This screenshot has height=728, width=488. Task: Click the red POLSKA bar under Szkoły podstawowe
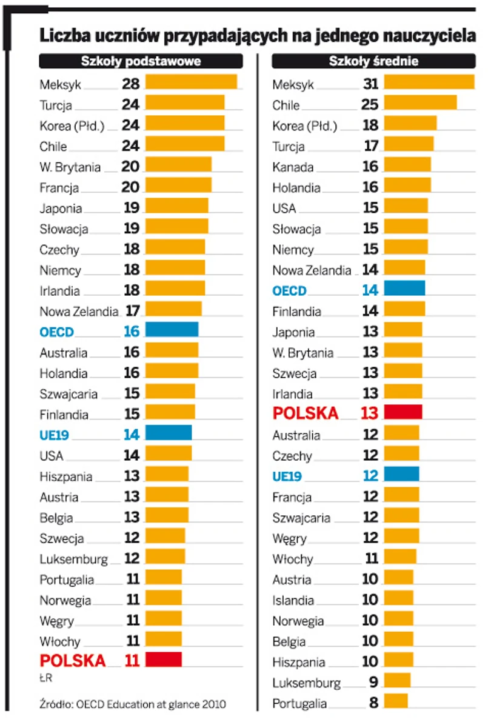click(163, 660)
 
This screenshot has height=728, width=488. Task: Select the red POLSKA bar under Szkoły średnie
click(403, 412)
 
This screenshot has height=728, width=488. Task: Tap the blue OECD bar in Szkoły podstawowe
click(172, 330)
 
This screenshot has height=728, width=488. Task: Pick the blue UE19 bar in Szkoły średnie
click(401, 474)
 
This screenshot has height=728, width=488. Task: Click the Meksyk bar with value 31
click(429, 82)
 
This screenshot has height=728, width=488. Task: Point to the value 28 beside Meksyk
click(130, 84)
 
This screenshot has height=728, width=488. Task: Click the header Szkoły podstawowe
click(141, 61)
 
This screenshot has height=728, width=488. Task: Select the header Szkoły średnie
click(373, 61)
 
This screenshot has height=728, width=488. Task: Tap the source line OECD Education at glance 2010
click(133, 704)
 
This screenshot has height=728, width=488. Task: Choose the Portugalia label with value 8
click(299, 704)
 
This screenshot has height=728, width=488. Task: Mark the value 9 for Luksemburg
click(373, 683)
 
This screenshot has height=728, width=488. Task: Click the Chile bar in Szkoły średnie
click(420, 102)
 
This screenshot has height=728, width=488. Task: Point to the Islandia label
click(293, 601)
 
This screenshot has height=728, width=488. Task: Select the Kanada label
click(293, 167)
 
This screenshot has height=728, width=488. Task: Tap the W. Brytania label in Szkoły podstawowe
click(70, 167)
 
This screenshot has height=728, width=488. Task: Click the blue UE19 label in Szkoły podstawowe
click(54, 435)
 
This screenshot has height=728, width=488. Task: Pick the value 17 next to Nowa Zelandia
click(133, 311)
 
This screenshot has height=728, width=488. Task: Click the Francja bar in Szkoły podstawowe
click(178, 185)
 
